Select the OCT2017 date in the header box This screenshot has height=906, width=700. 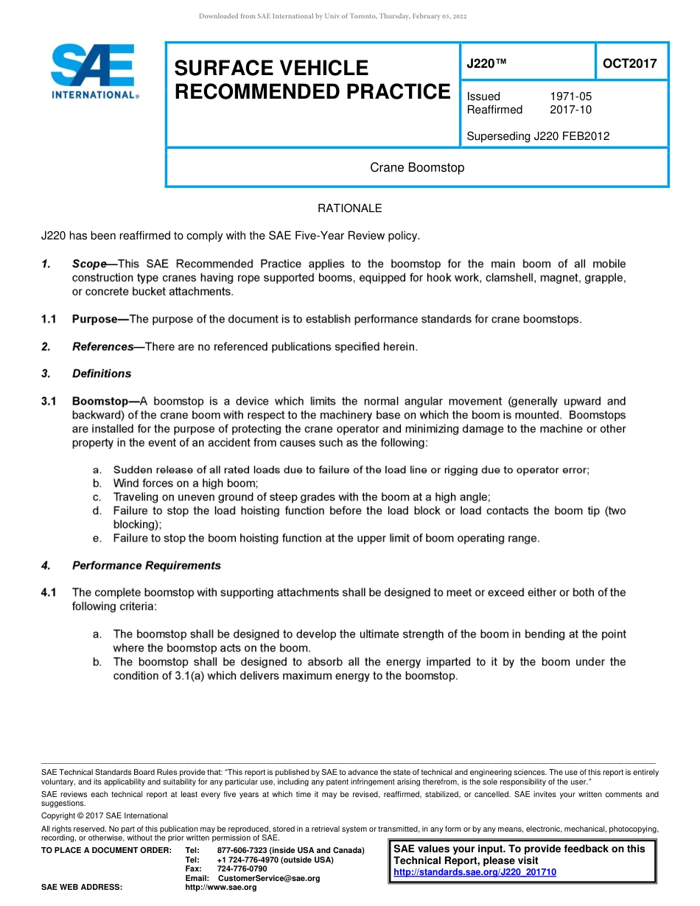pos(629,63)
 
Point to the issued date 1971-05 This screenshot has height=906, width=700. pos(570,96)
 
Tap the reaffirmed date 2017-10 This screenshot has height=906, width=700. pos(570,110)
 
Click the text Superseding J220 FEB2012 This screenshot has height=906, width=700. pos(538,136)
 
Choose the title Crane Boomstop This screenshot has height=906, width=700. pos(417,167)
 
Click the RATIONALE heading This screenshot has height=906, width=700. pos(349,208)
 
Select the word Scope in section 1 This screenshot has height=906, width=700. pos(89,264)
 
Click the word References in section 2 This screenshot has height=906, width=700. pos(102,346)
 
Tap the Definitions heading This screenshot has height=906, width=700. pos(102,373)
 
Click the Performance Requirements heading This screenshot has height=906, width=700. pos(146,566)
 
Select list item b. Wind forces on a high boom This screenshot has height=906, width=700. pos(185,483)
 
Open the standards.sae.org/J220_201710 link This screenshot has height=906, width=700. pos(475,872)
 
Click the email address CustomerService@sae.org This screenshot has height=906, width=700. pos(269,878)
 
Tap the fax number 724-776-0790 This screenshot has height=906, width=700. pos(242,869)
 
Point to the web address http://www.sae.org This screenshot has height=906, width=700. pos(221,888)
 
